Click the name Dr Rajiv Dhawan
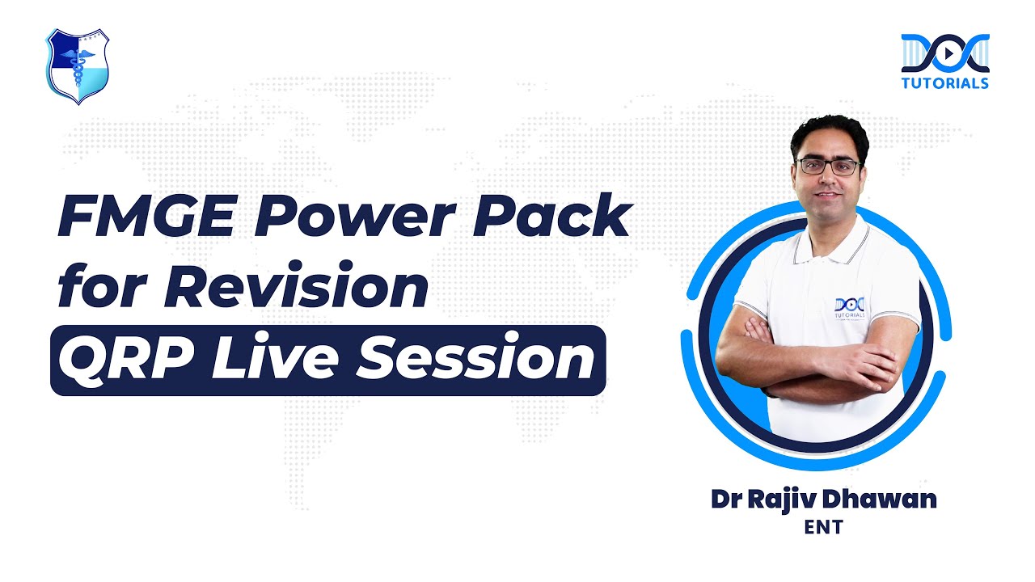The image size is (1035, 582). click(x=823, y=499)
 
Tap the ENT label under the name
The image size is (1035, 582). click(x=823, y=528)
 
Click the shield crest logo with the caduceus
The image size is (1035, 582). click(x=77, y=65)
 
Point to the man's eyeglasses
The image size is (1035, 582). click(x=827, y=167)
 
